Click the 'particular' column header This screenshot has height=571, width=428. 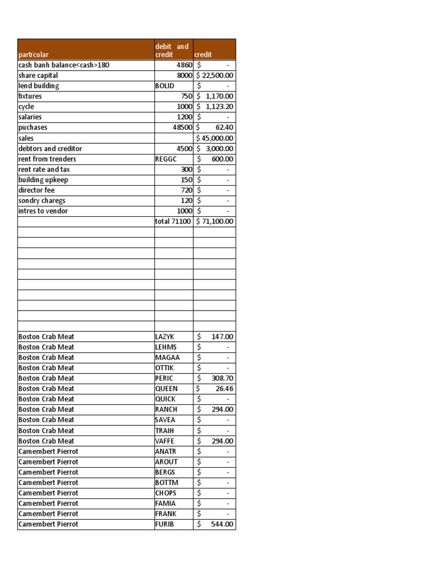tap(33, 55)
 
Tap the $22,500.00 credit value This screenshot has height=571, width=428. tap(215, 75)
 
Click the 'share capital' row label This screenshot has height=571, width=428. tap(38, 75)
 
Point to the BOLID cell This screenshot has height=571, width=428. tap(165, 86)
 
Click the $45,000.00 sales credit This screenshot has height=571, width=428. tap(215, 138)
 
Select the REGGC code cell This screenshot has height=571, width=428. tap(167, 159)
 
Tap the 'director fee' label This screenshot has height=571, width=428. tap(37, 190)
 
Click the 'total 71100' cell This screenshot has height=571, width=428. tap(173, 221)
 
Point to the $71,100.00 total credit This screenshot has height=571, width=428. tap(215, 221)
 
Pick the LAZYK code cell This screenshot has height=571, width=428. tap(165, 337)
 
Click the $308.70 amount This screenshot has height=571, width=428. tap(215, 378)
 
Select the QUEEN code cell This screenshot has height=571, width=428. tap(167, 389)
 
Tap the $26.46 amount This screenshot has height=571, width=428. tap(215, 389)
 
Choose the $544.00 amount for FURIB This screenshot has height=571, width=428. tap(215, 524)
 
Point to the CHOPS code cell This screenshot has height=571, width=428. tap(166, 493)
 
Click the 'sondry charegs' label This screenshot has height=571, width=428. tap(42, 201)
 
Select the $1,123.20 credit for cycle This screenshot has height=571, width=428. tap(215, 107)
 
